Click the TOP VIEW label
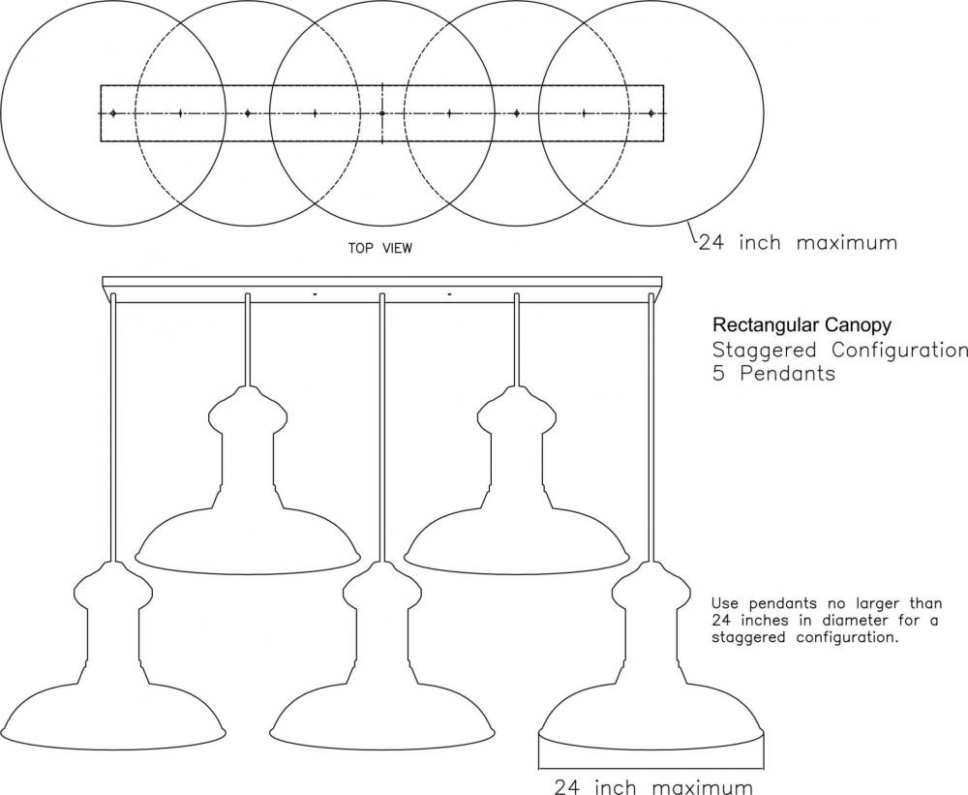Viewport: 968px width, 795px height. click(x=379, y=248)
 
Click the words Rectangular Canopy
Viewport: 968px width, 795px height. click(x=802, y=325)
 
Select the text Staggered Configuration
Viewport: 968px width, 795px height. click(x=840, y=350)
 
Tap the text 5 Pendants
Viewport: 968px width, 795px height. click(x=773, y=373)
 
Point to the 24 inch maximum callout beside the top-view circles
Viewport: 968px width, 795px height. click(x=798, y=242)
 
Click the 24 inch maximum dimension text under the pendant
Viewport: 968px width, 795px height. click(x=653, y=786)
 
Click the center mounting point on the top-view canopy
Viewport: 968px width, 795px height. click(x=382, y=113)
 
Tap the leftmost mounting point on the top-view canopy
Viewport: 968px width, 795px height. click(x=113, y=113)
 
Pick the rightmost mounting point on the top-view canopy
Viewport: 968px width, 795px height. click(x=651, y=113)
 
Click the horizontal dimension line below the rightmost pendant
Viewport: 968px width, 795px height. click(x=651, y=769)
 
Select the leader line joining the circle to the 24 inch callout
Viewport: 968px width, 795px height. click(x=693, y=233)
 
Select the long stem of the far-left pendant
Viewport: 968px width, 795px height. click(x=113, y=427)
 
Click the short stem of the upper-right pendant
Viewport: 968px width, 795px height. click(x=517, y=339)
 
